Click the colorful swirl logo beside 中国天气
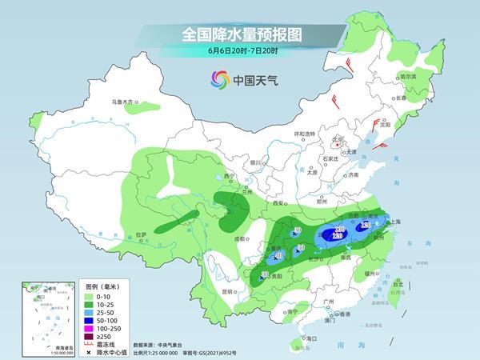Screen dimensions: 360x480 (x=219, y=79)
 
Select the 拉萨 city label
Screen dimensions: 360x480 (x=141, y=234)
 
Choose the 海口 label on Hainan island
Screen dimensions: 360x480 (x=300, y=339)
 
